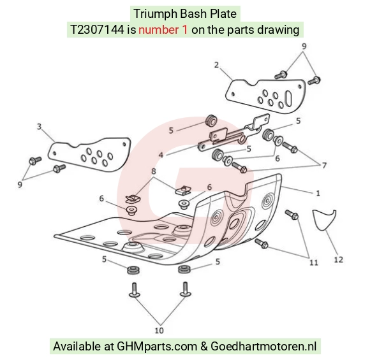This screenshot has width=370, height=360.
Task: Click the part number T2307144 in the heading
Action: click(x=97, y=30)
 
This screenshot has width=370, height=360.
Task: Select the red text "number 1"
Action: click(x=163, y=30)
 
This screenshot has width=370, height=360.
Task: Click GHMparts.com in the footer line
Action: click(x=157, y=347)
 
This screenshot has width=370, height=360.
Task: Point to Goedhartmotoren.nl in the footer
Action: click(x=263, y=347)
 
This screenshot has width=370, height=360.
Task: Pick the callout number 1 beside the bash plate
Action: click(x=318, y=193)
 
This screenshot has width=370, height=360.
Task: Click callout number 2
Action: click(x=217, y=65)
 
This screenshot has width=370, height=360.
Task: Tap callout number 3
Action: click(x=39, y=127)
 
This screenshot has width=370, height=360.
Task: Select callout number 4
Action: click(x=161, y=155)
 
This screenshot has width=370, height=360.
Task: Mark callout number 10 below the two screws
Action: click(x=159, y=331)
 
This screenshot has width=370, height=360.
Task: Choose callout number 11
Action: click(x=314, y=263)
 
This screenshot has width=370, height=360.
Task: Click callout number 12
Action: click(x=338, y=260)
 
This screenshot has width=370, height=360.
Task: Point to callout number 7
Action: click(x=324, y=166)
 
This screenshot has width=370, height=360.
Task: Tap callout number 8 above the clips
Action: click(x=154, y=171)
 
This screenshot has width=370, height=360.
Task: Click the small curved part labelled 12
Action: click(x=324, y=220)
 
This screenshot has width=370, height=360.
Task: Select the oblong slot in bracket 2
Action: click(x=288, y=98)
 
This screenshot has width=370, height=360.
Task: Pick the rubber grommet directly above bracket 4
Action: click(x=211, y=120)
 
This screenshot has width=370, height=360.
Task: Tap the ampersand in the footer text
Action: click(x=204, y=347)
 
